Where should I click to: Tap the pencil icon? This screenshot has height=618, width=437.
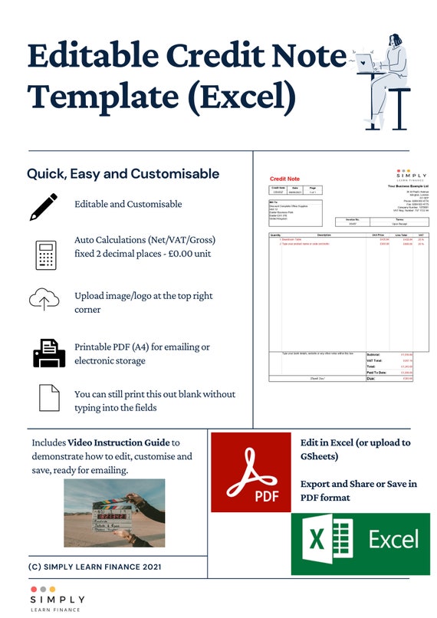44,206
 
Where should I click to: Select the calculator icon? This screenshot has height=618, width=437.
46,255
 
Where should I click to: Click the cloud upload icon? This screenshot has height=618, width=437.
44,299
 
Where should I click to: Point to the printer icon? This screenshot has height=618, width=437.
48,352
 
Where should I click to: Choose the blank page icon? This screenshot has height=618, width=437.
49,398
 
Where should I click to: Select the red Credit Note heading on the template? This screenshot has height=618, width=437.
284,179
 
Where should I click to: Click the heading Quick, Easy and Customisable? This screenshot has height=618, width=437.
123,174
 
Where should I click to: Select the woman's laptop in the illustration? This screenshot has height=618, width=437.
363,61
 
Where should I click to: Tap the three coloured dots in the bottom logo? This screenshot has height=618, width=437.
42,589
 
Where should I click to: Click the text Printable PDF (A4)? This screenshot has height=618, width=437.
119,347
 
